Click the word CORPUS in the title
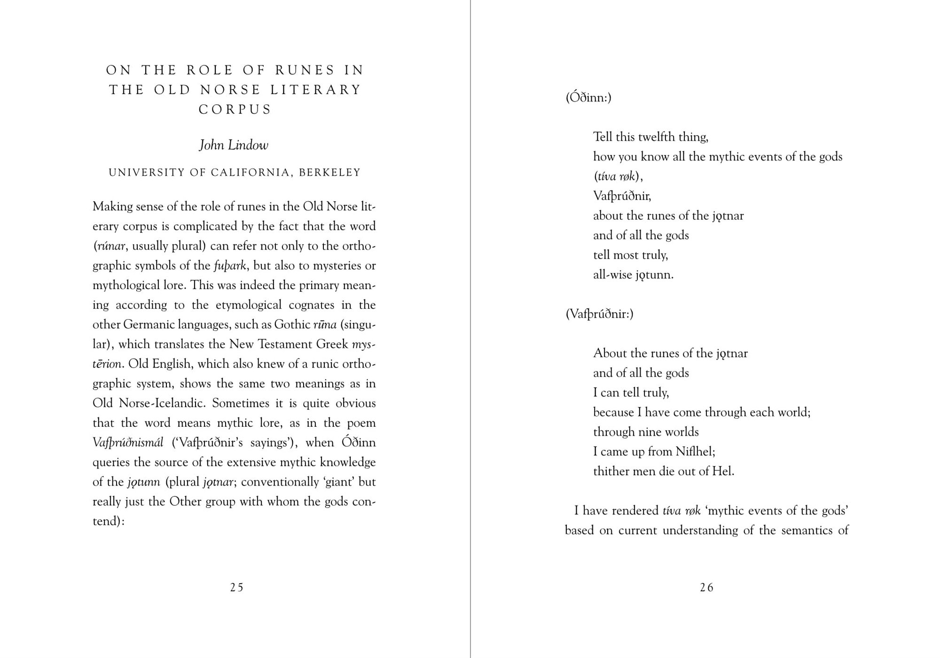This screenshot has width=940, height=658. [235, 110]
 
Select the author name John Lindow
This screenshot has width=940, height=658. [234, 145]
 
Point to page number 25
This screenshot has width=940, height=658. [237, 587]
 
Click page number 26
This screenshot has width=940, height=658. [706, 587]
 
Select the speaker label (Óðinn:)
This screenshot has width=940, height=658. [588, 97]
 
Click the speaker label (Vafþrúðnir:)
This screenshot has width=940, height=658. [599, 313]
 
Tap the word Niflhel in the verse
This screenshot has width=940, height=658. [695, 451]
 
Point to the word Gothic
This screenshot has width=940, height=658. [292, 324]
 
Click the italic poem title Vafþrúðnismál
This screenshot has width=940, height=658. [128, 442]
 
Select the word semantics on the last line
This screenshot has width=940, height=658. [806, 530]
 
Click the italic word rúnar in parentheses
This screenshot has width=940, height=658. [111, 246]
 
